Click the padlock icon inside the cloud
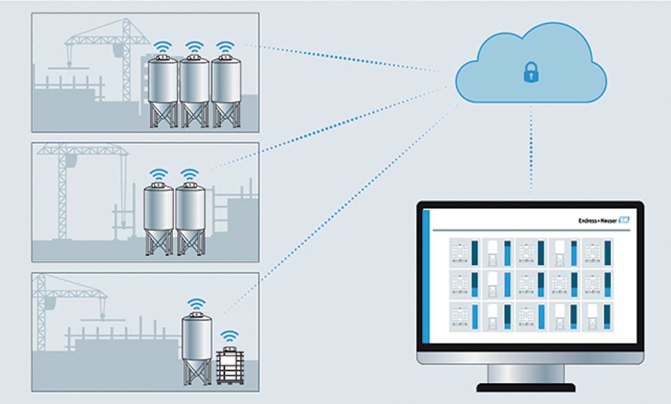[x=531, y=72]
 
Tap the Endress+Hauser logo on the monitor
[x=602, y=220]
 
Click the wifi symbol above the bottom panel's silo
[x=197, y=304]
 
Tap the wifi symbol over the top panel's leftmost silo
[x=163, y=47]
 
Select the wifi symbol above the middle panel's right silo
[x=190, y=174]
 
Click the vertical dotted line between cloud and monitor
[x=531, y=151]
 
